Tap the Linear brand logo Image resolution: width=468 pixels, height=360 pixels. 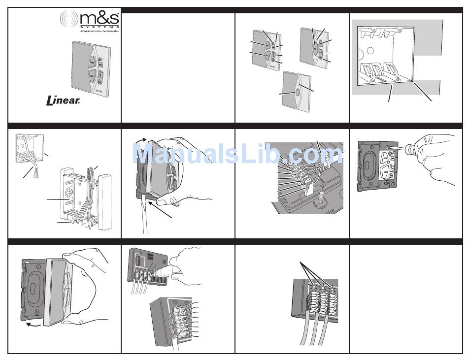(63, 101)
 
